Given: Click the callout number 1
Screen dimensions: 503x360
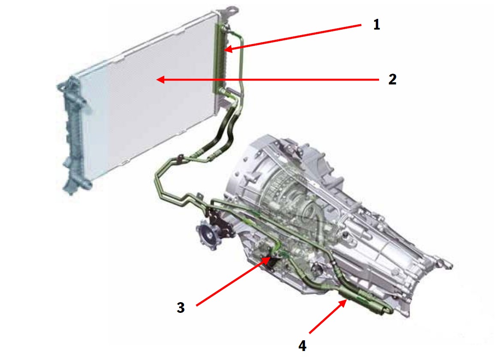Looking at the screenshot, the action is coord(376,25).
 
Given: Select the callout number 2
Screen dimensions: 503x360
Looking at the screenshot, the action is coord(392,79).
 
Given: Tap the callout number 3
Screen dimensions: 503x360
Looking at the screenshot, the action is coord(181,307).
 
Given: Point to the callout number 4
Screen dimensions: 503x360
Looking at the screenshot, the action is coord(302,345).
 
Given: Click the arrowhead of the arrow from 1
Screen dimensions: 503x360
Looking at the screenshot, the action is coord(228,49).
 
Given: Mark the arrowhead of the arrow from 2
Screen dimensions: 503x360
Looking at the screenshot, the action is coord(160,80).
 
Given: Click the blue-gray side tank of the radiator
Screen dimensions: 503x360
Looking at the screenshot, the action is coord(74,135).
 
